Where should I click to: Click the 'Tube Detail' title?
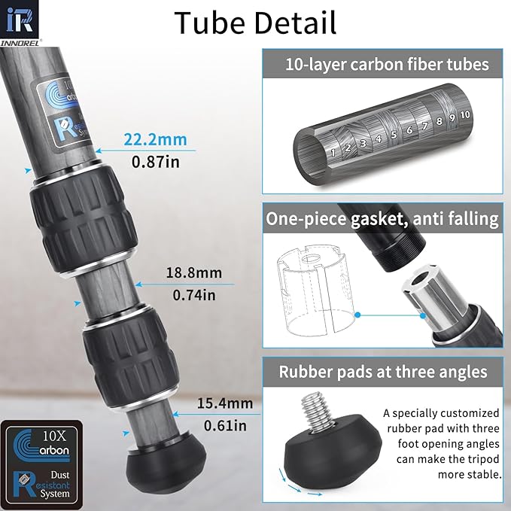255,23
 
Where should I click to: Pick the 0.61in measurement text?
224,425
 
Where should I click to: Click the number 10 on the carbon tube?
464,114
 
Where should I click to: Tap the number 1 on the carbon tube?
331,151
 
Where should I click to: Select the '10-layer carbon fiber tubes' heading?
386,64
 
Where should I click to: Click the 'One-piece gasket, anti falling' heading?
382,219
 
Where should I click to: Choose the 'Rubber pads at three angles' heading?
383,371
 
